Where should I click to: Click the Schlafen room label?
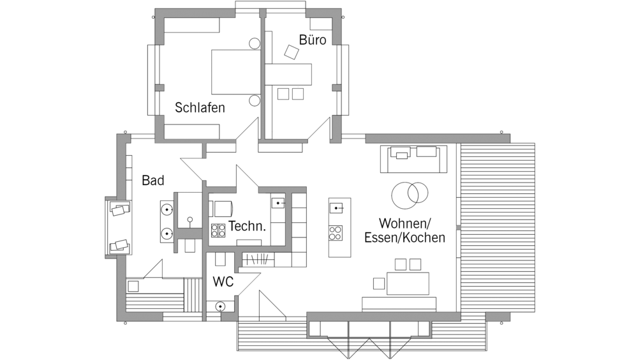point(200,107)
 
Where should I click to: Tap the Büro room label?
point(313,40)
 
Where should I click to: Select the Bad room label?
point(153,181)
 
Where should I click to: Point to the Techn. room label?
point(247,226)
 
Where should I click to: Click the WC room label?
point(223,281)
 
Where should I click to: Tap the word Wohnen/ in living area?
point(404,223)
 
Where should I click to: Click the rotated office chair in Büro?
point(292,52)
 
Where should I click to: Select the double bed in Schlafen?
point(235,72)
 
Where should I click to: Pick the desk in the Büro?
point(288,74)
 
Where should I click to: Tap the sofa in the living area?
point(413,159)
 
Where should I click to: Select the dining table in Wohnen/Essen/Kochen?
point(408,283)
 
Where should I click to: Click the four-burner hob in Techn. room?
point(218,230)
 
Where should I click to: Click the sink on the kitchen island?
point(336,208)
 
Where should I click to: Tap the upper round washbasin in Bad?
point(167,210)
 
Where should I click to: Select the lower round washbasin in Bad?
point(167,234)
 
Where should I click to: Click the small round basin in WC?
point(221,306)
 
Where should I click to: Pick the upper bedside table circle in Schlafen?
point(255,43)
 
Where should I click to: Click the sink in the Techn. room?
point(278,202)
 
